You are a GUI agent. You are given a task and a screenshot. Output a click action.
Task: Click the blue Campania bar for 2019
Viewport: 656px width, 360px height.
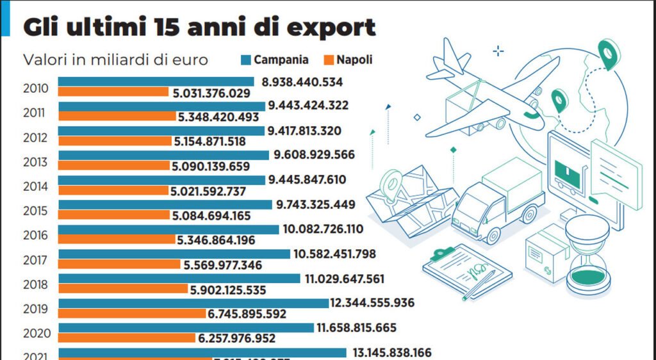coord(193,303)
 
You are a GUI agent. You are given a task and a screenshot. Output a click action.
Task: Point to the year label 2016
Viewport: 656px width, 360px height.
coord(35,235)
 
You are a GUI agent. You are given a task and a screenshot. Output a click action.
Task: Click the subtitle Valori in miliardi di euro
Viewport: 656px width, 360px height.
coord(116,60)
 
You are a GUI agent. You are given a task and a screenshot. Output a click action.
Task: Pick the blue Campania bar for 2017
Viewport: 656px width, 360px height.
coord(174,254)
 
